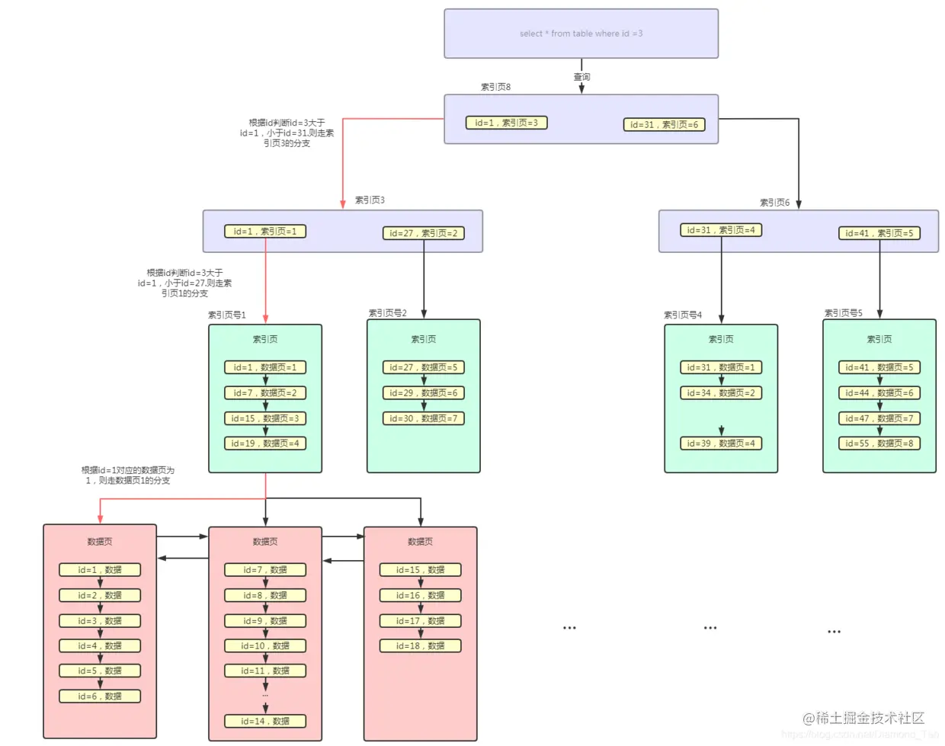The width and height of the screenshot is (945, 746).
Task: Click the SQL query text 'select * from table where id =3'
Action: point(581,34)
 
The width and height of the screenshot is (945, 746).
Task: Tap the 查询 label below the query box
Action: point(581,77)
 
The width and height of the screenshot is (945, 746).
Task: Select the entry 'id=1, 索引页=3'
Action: point(506,123)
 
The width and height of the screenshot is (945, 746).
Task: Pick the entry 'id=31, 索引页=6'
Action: point(664,125)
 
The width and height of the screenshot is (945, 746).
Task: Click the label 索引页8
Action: point(495,87)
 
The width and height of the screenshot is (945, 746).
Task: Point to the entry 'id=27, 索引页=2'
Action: point(423,233)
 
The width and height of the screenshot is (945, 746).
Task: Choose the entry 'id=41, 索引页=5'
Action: point(879,233)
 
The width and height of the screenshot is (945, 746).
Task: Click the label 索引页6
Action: point(774,203)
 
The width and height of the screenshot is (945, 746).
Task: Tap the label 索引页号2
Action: point(387,313)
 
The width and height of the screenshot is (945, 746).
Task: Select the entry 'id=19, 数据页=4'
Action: point(265,443)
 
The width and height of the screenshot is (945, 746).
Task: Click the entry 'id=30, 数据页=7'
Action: point(423,418)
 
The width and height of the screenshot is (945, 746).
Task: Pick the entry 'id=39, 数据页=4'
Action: point(721,443)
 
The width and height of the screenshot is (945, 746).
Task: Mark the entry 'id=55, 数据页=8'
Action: point(879,443)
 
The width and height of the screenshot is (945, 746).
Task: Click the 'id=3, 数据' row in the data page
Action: point(100,621)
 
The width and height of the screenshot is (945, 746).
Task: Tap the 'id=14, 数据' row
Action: point(265,721)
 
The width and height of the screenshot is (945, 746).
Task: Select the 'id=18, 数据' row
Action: point(420,646)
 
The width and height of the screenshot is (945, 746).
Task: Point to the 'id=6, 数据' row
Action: point(100,696)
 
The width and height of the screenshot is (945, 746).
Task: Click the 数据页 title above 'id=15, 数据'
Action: point(420,542)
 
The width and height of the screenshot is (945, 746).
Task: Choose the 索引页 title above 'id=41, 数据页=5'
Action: point(879,339)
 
